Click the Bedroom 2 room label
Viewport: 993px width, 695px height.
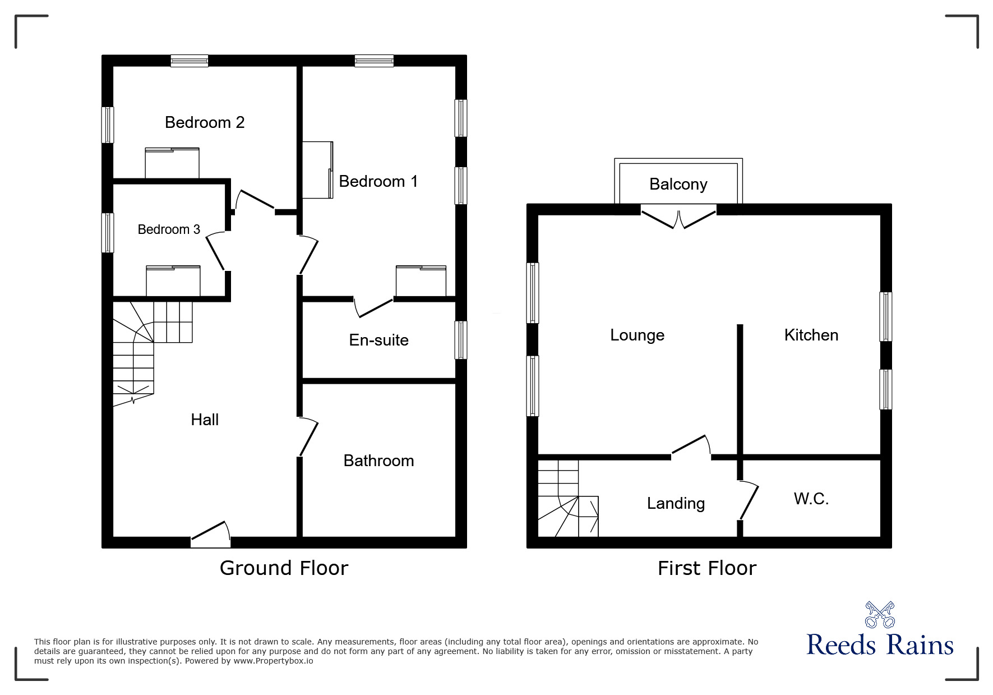pos(205,122)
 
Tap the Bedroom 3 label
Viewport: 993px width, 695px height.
pos(169,229)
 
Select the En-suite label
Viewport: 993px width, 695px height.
pos(378,340)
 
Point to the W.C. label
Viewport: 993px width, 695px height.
pos(811,499)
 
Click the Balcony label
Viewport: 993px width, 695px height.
pos(678,184)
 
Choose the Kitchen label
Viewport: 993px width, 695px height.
pos(811,335)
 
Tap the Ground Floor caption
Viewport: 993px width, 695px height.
pos(284,568)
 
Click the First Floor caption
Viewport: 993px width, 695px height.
pos(706,568)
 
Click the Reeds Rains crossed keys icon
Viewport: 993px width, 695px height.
pos(879,614)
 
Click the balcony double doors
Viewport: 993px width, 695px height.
pos(678,219)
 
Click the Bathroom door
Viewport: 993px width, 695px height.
pos(308,437)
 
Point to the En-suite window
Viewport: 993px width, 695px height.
pos(460,340)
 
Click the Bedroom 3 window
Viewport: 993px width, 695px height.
pos(107,233)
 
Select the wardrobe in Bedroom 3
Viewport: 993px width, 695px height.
pos(173,281)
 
